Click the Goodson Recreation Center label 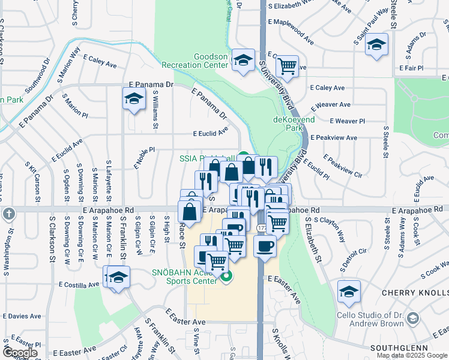tap(210, 61)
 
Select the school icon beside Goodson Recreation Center tap(243, 60)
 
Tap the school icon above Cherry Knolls tap(349, 292)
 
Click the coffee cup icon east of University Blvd tap(265, 245)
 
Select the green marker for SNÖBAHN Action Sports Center tap(226, 277)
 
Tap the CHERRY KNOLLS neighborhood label tap(414, 292)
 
